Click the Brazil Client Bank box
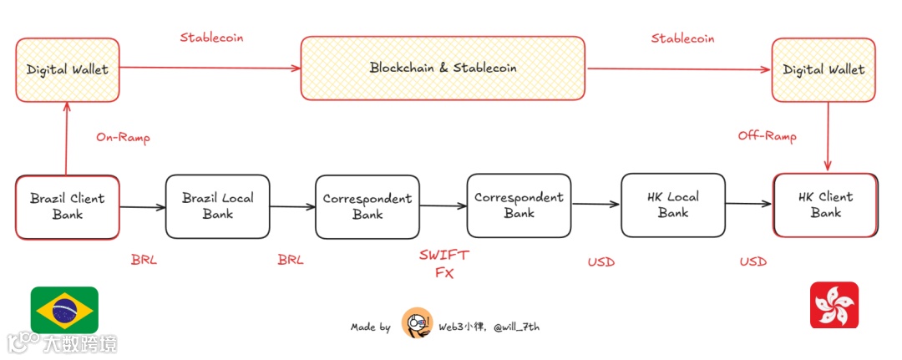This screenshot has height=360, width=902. (67, 206)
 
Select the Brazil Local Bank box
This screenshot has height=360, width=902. (217, 205)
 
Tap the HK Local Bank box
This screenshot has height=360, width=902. (672, 205)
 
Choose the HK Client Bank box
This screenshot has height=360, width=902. (824, 205)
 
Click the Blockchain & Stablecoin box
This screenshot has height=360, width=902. (443, 68)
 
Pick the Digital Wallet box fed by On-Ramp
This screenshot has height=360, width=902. (67, 69)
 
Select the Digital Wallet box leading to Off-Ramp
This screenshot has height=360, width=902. (823, 69)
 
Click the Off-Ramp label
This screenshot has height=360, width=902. (767, 136)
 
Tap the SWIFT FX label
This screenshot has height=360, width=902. (443, 263)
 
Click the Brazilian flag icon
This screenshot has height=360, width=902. (64, 309)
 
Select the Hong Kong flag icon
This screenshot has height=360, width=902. (834, 305)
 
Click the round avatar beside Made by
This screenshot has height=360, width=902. (417, 323)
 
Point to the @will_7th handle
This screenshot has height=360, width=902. (516, 327)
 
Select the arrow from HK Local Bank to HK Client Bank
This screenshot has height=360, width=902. (749, 204)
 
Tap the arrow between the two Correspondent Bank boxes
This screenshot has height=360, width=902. (443, 206)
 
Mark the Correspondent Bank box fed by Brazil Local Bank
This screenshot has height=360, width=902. (367, 206)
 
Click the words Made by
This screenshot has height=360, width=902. (370, 327)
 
